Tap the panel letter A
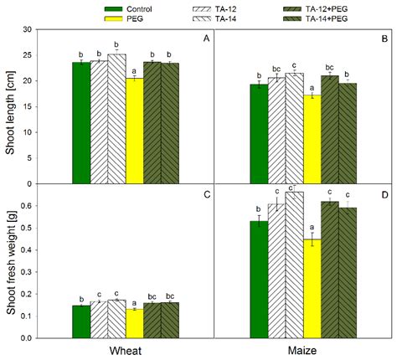[205, 39]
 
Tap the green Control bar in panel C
[81, 321]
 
